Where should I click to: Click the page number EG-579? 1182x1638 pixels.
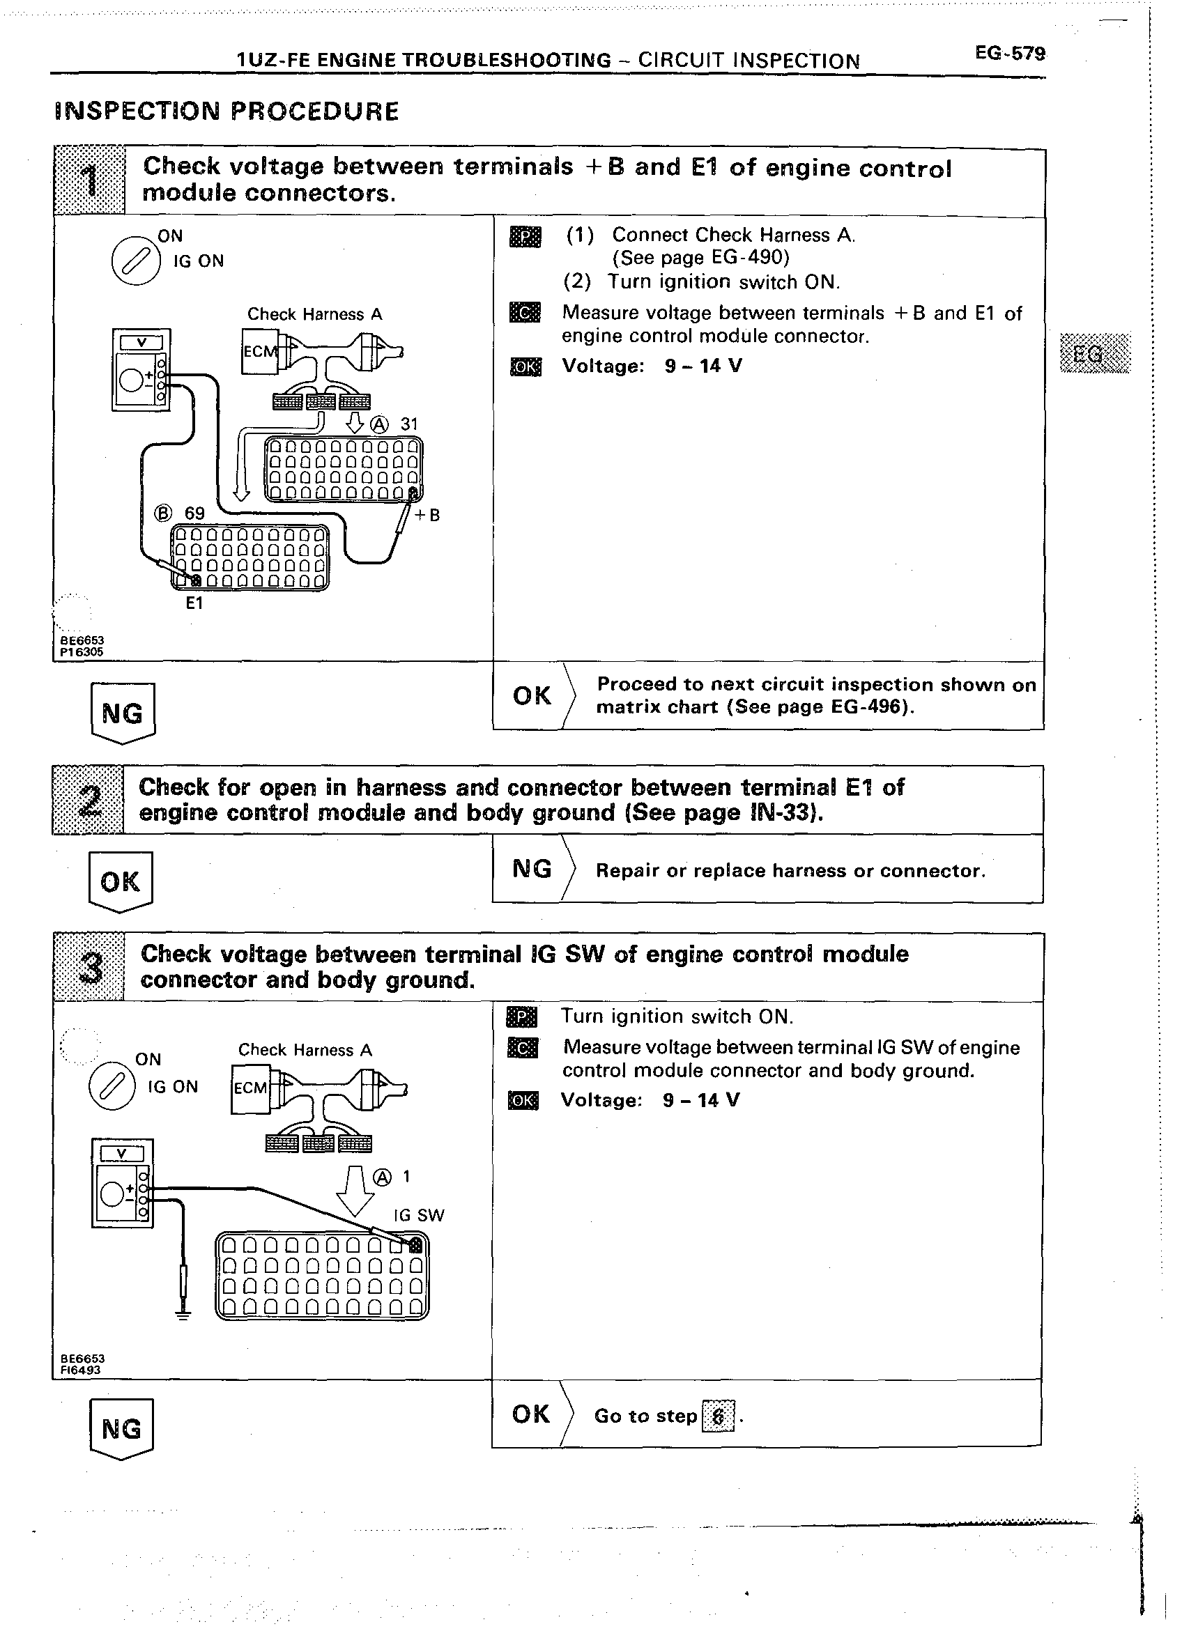pos(1009,54)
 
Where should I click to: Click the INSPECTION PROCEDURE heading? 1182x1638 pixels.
pos(226,111)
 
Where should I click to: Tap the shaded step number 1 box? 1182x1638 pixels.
pos(90,180)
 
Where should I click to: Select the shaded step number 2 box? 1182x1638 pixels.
pos(88,800)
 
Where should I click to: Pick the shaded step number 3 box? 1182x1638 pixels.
pos(90,967)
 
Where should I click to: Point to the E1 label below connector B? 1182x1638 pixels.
pos(194,603)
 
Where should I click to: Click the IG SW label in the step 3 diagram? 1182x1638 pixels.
pos(419,1215)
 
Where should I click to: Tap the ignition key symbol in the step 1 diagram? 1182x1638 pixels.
pos(136,260)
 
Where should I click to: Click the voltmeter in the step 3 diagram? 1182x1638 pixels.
pos(122,1182)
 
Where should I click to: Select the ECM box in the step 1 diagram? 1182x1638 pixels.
pos(259,352)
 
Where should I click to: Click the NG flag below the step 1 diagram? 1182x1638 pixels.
pos(123,713)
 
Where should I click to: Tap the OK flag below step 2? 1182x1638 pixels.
pos(120,882)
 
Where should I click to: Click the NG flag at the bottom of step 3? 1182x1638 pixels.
pos(121,1429)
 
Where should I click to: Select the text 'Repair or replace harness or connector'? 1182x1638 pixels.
pos(790,870)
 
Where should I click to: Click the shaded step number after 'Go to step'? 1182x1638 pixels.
pos(717,1416)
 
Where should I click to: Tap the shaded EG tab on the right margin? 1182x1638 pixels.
pos(1094,353)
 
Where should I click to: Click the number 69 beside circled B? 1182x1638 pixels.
pos(195,513)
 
